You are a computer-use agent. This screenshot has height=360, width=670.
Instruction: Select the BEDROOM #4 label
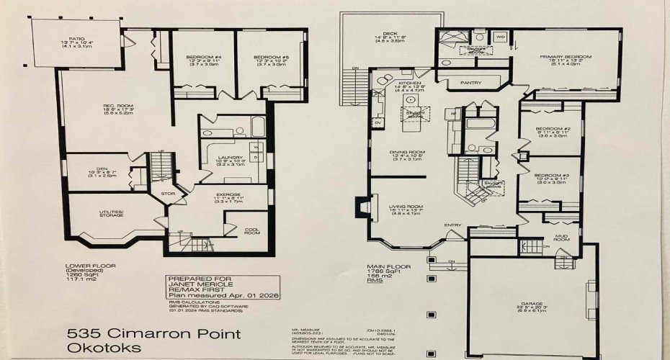pyautogui.click(x=191, y=57)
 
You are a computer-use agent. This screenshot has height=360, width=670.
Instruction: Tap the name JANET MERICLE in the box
pyautogui.click(x=197, y=284)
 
